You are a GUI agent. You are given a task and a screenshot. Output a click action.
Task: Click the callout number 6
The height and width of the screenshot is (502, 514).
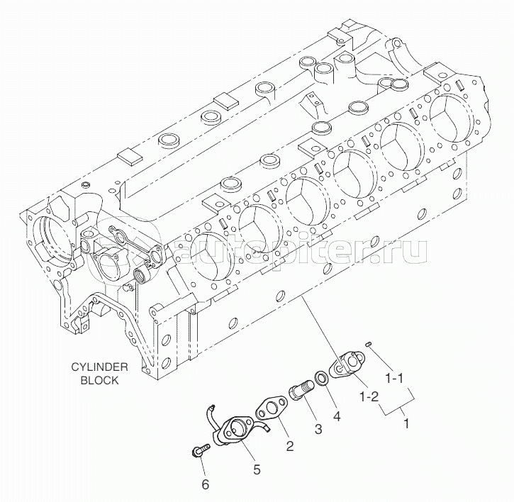pyautogui.click(x=205, y=485)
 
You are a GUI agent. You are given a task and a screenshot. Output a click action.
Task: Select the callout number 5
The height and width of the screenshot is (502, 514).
pyautogui.click(x=257, y=470)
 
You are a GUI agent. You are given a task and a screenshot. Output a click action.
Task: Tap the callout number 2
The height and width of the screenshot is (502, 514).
pyautogui.click(x=290, y=446)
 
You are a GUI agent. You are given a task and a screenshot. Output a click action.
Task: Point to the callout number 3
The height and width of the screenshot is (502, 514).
pyautogui.click(x=318, y=429)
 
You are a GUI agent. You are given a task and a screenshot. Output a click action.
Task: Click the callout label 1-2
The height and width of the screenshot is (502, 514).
pyautogui.click(x=369, y=397)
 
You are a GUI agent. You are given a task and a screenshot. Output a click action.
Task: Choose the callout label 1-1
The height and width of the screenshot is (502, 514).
pyautogui.click(x=393, y=379)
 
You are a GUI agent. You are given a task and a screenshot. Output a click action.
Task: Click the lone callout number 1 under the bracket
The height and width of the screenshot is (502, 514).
pyautogui.click(x=406, y=423)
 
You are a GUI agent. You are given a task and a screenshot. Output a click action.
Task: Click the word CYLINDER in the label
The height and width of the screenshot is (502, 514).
pyautogui.click(x=100, y=367)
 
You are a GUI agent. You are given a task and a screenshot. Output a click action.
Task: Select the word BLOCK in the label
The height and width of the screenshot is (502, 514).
pyautogui.click(x=99, y=380)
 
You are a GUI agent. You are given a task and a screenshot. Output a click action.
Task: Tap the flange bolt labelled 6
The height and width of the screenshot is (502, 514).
pyautogui.click(x=201, y=449)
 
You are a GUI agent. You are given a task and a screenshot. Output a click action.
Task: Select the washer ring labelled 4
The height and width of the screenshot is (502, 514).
pyautogui.click(x=323, y=377)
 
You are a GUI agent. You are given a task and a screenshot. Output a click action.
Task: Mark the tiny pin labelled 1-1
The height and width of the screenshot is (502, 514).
pyautogui.click(x=369, y=344)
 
